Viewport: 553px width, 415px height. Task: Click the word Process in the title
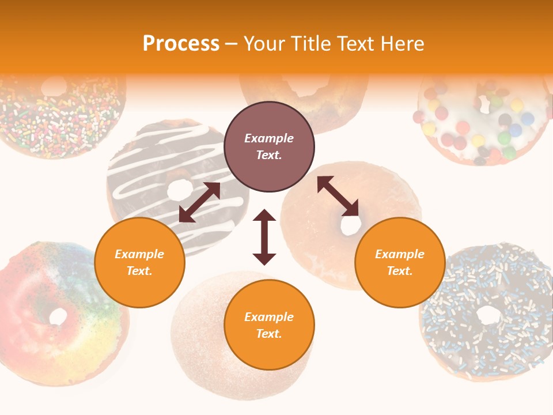[181, 43]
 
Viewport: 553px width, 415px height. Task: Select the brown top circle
[269, 147]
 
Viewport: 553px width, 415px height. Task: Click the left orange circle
[139, 262]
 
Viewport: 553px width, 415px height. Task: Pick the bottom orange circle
[269, 325]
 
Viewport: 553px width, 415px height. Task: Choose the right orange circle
[400, 262]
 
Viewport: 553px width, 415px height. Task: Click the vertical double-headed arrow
[264, 237]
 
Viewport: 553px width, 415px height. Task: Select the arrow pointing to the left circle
[199, 202]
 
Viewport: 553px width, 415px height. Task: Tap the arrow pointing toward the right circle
[338, 196]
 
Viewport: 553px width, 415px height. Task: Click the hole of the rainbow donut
[58, 316]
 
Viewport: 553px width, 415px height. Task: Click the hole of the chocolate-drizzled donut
[180, 188]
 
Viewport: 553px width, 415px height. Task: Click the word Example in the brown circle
[269, 138]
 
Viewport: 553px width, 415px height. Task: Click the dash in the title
[232, 44]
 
